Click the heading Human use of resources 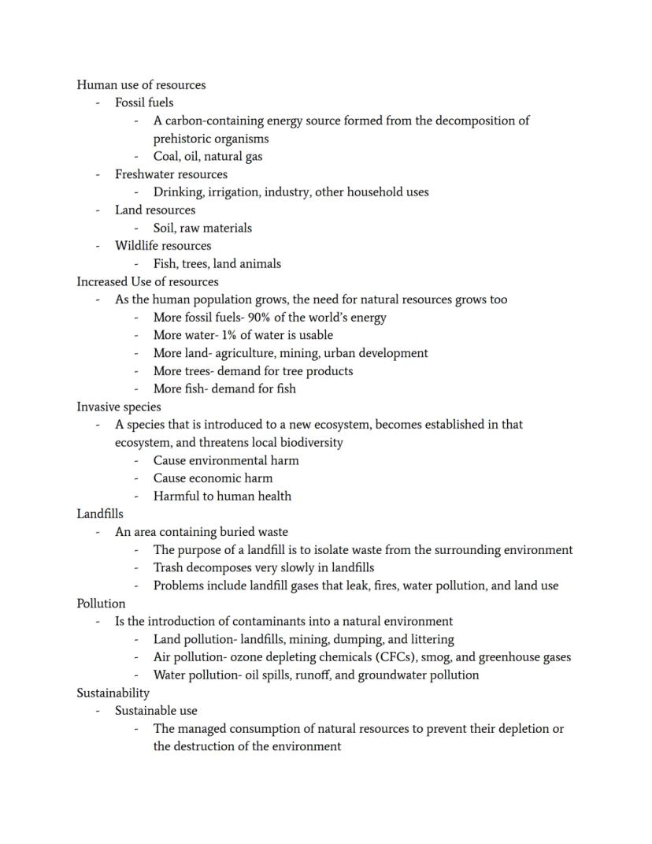(141, 85)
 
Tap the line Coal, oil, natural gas (208, 156)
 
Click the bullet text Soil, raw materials (202, 228)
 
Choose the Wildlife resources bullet (163, 246)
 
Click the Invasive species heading (118, 407)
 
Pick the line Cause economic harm (213, 478)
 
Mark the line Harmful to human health (222, 496)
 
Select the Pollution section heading (101, 604)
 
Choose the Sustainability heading (113, 693)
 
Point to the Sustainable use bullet (156, 711)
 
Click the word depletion (524, 729)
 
